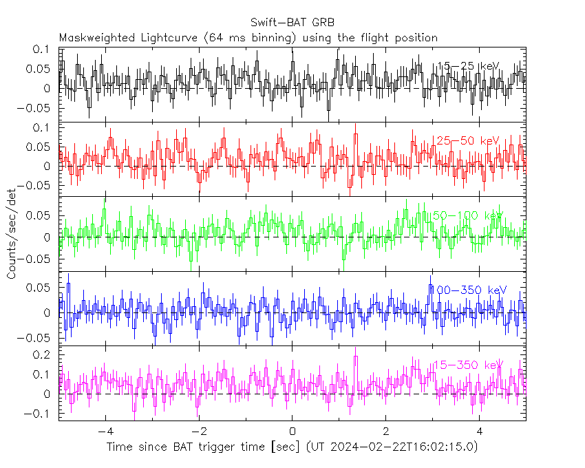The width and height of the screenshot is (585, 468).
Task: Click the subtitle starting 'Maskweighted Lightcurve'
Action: pyautogui.click(x=248, y=37)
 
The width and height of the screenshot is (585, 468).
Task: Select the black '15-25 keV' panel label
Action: pyautogui.click(x=468, y=66)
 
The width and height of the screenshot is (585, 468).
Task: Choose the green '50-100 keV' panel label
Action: pyautogui.click(x=468, y=215)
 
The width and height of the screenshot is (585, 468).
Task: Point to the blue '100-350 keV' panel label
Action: pyautogui.click(x=468, y=290)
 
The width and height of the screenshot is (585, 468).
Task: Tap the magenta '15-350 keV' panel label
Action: pyautogui.click(x=468, y=365)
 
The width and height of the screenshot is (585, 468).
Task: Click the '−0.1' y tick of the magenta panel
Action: pyautogui.click(x=41, y=414)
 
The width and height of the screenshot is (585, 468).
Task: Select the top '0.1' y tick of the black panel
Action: pyautogui.click(x=45, y=50)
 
